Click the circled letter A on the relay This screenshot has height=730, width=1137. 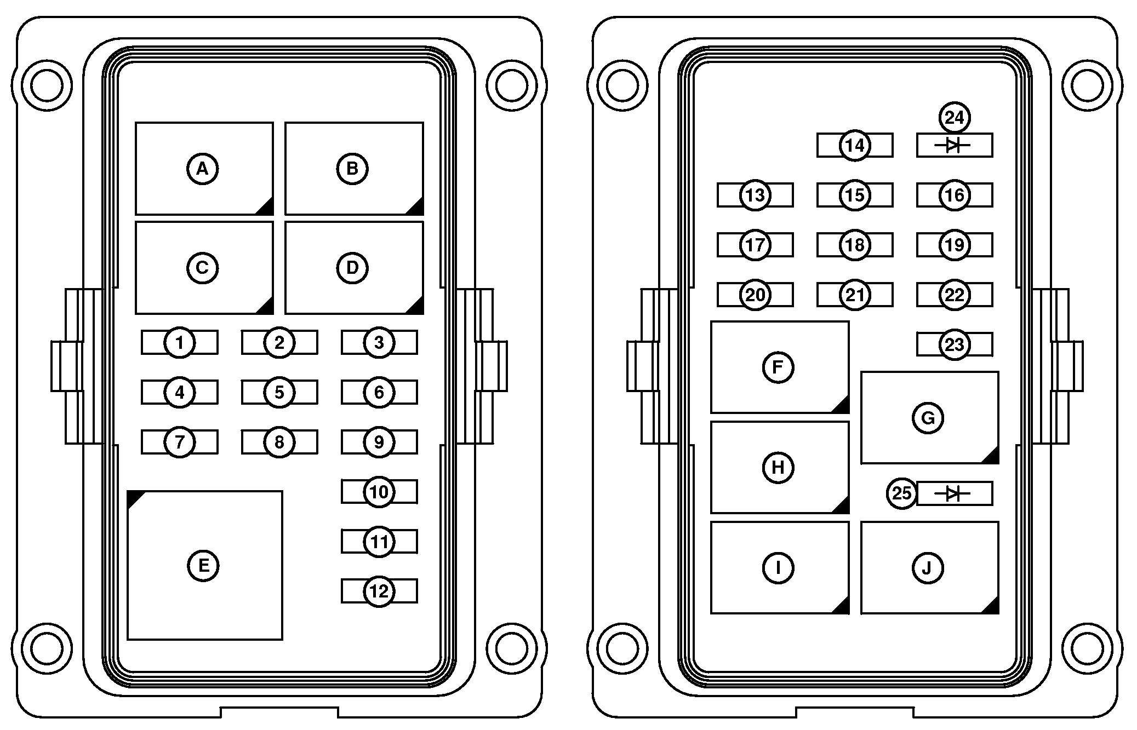point(203,169)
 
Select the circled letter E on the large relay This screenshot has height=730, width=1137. point(203,565)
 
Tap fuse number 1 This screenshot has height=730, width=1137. point(179,343)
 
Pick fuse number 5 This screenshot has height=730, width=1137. point(279,392)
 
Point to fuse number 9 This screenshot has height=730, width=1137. point(379,442)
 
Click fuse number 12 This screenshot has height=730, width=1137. point(379,591)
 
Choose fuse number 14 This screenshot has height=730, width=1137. point(854,146)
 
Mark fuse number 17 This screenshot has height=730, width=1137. point(755,245)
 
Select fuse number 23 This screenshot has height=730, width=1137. point(954,345)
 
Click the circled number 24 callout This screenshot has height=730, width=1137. point(955,118)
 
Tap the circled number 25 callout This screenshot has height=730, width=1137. point(901,493)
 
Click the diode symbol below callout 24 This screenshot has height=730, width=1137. point(954,145)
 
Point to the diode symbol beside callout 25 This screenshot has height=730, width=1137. point(954,494)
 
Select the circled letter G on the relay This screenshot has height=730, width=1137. point(928,418)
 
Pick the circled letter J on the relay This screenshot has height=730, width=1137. point(928,568)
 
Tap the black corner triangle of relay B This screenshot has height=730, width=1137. point(416,206)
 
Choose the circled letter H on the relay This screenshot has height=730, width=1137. point(778,467)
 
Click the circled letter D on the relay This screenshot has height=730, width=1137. point(352,268)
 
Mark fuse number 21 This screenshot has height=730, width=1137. point(854,295)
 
